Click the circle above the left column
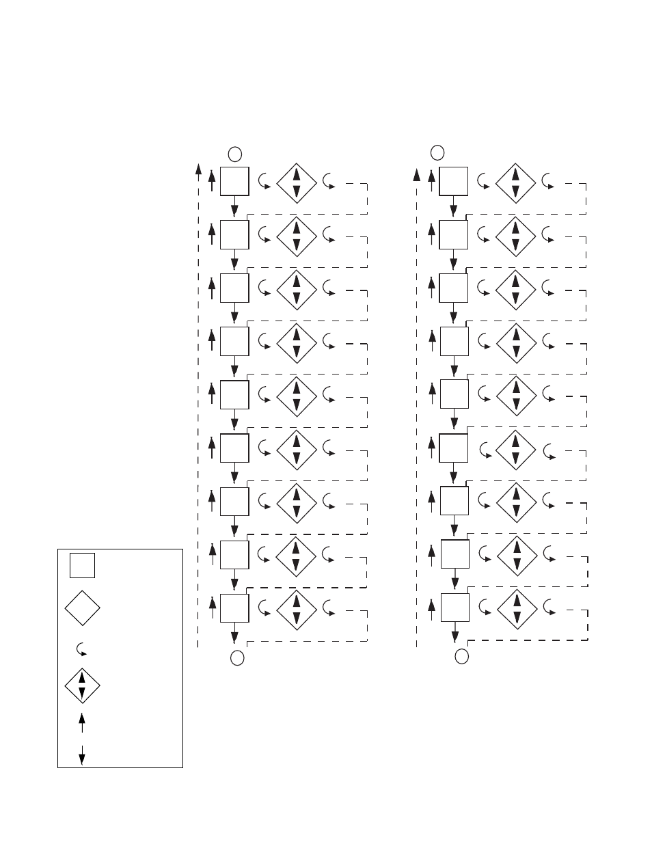pos(235,153)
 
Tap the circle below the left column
pos(237,658)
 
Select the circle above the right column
pos(438,152)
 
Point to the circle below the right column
pos(462,657)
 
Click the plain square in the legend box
pos(82,565)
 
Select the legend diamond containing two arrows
pos(82,685)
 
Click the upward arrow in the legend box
pos(82,723)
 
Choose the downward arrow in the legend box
pos(82,754)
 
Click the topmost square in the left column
pos(234,181)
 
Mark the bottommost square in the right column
pos(454,607)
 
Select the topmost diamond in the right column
pos(515,183)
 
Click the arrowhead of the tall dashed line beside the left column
pos(198,168)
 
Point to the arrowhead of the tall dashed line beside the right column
pos(416,174)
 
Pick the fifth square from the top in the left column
pos(234,394)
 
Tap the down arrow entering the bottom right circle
pos(455,636)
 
